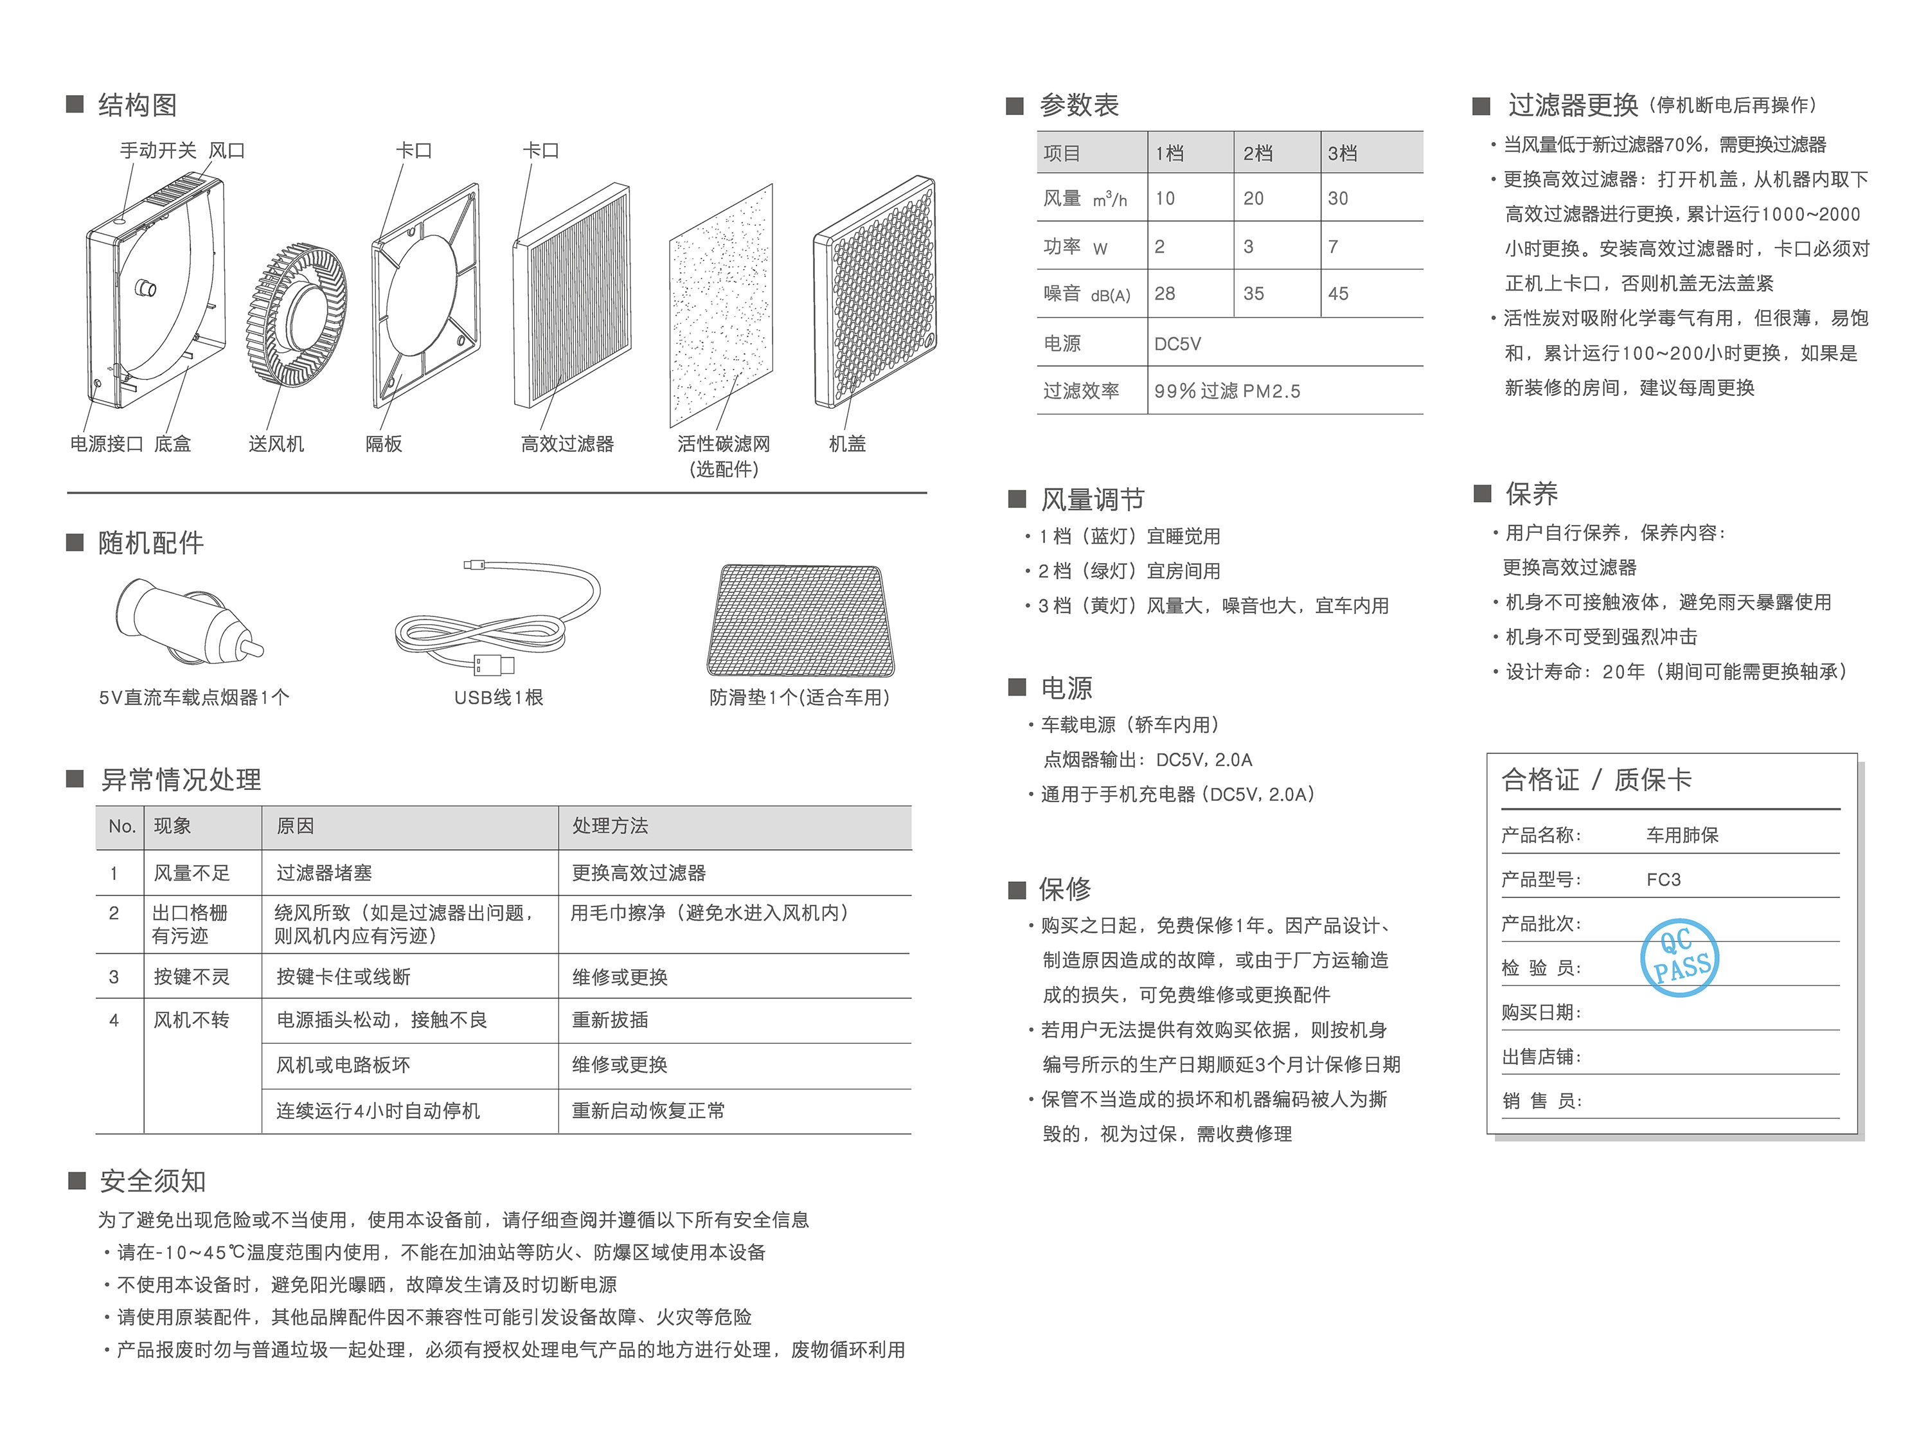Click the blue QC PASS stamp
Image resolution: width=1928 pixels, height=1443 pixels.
(x=1679, y=957)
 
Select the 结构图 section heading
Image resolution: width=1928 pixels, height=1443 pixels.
(x=138, y=105)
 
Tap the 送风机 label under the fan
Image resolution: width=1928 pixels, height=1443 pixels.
(x=276, y=444)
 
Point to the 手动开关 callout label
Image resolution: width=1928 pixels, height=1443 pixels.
(x=157, y=150)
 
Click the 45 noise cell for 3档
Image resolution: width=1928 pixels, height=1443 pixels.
(x=1338, y=294)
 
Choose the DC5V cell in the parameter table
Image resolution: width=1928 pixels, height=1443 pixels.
(x=1177, y=343)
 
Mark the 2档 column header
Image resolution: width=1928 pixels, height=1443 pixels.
(x=1258, y=154)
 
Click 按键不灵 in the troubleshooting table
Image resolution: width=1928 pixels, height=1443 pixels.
(x=192, y=976)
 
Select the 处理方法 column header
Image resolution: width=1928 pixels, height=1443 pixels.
(x=610, y=826)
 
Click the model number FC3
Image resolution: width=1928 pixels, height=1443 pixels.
(x=1664, y=880)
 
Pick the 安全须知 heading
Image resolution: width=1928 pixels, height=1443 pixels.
(x=154, y=1181)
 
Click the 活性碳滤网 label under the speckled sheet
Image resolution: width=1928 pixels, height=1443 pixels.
(x=724, y=444)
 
